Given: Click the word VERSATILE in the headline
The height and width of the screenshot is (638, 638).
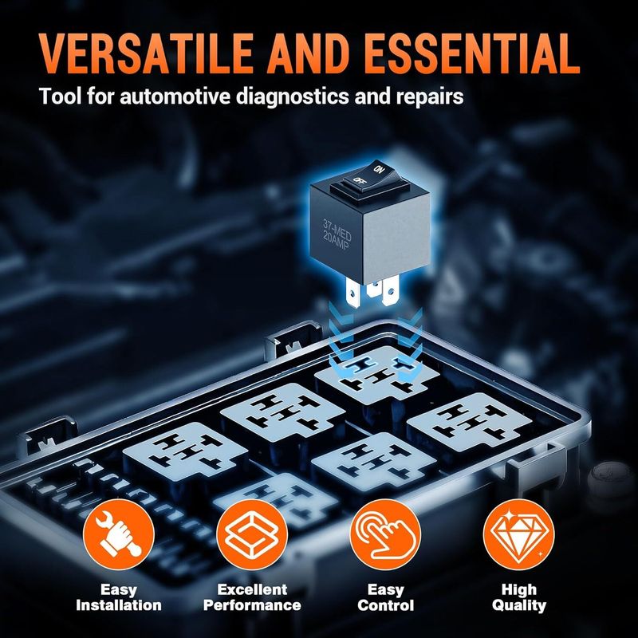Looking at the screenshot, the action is [x=146, y=53].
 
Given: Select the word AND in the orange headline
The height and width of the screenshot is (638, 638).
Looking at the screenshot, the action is [x=309, y=53].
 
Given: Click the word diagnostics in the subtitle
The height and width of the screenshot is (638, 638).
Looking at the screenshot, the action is [x=292, y=96].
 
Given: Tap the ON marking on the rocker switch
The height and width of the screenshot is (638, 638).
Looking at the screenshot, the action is [x=378, y=169].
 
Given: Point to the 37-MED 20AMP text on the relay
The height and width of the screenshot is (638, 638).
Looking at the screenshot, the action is [x=337, y=235].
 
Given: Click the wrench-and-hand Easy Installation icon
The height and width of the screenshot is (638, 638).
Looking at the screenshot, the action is [x=118, y=534].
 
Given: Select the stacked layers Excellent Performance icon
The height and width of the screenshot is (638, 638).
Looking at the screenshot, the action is [x=252, y=534].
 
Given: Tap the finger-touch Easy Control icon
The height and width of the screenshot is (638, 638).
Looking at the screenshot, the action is [x=385, y=534].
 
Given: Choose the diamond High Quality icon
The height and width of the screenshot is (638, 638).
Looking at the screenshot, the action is [x=519, y=534].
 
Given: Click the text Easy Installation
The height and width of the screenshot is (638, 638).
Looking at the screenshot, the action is [x=118, y=597].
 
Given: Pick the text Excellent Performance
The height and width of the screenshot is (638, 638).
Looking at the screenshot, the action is [x=252, y=597].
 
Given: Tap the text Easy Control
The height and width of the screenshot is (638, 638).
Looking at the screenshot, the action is [x=385, y=597].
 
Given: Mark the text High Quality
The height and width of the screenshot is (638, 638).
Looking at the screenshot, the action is [x=519, y=597].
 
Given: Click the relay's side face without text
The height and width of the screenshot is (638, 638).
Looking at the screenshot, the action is [x=396, y=240].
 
